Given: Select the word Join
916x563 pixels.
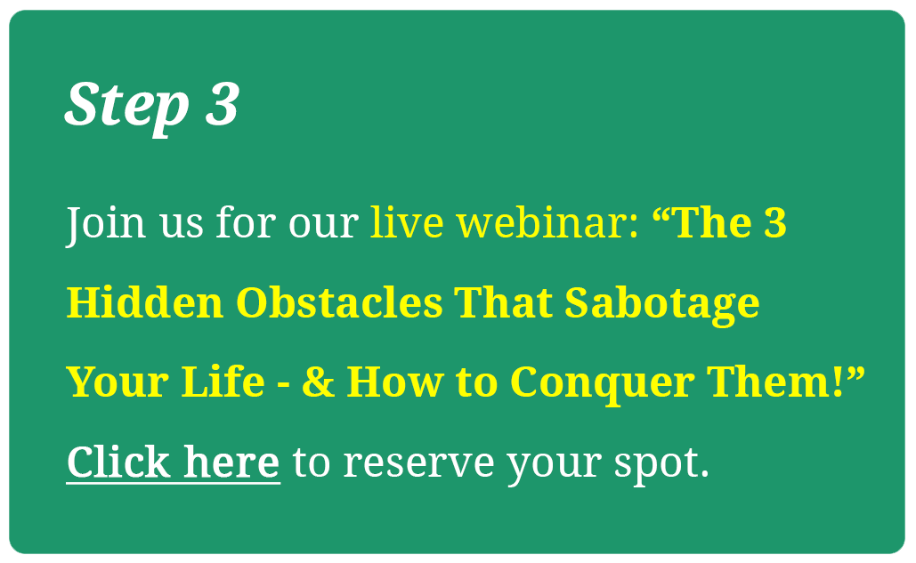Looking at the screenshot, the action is tap(106, 224).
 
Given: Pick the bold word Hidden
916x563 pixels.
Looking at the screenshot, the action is tap(145, 302).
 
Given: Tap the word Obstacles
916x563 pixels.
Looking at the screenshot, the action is tap(339, 302).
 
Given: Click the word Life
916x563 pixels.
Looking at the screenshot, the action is tap(223, 382).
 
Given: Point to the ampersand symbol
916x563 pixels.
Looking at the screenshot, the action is tap(319, 382).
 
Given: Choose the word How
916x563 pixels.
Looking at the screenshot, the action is tap(395, 382).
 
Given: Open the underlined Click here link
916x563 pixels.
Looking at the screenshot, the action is tap(174, 462).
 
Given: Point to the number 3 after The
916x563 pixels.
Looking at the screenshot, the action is tap(775, 223).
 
